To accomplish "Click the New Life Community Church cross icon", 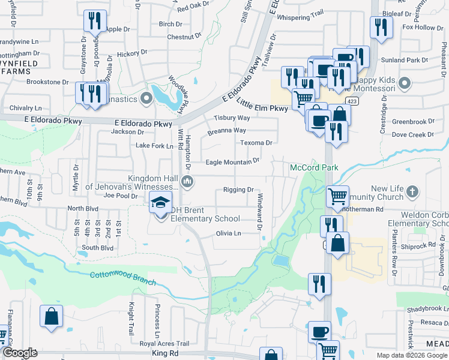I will (x=411, y=191).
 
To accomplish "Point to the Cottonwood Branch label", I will (x=122, y=278).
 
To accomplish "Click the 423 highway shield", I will (x=353, y=101).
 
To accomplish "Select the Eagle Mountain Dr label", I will (x=232, y=161).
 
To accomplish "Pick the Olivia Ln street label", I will (x=228, y=233).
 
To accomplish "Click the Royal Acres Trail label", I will (x=164, y=344).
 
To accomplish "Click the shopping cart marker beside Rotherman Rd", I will (x=338, y=196).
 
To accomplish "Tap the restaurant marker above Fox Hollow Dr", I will (x=381, y=27).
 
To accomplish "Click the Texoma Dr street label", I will (x=256, y=143).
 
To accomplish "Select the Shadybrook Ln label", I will (x=426, y=310).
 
